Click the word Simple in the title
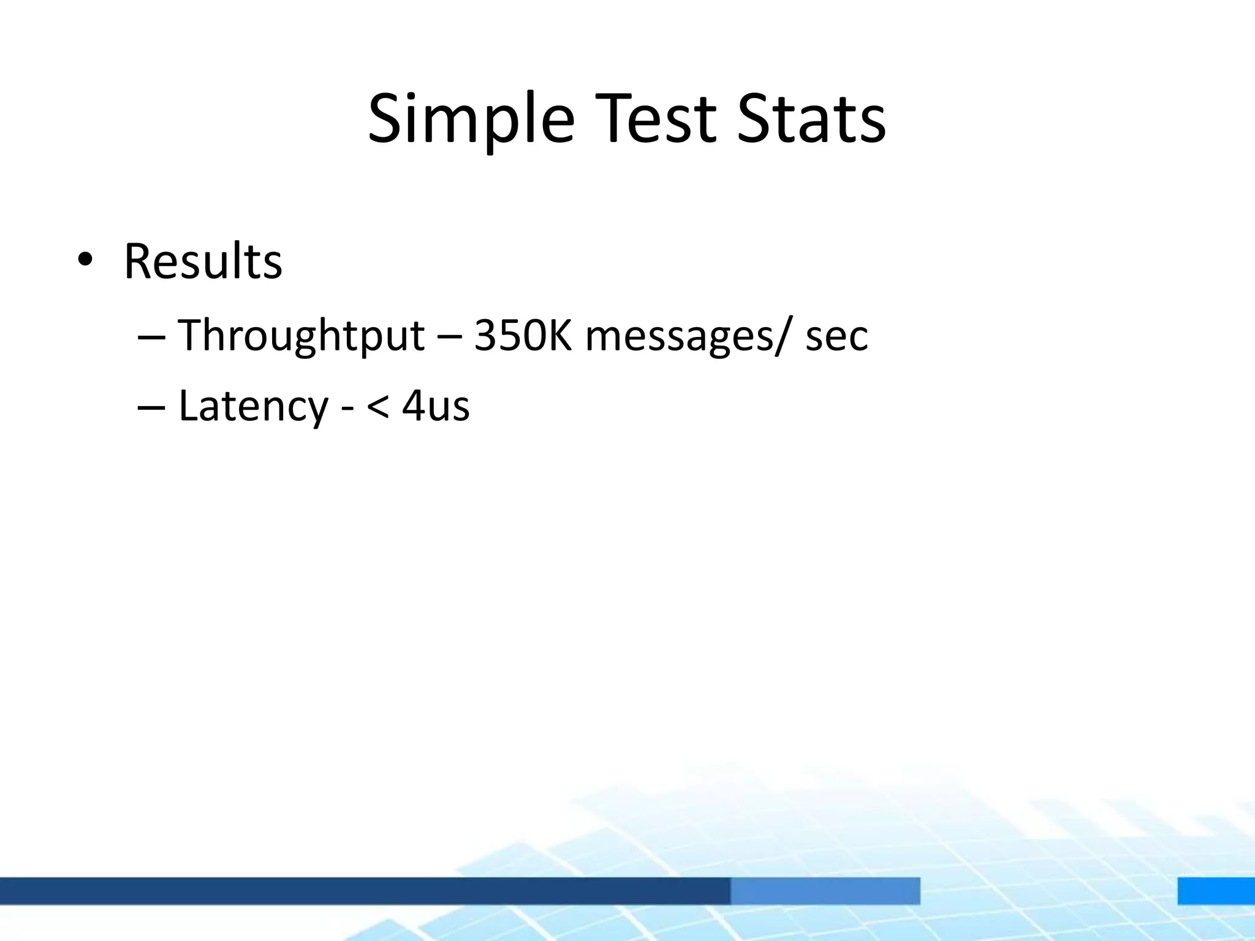(x=471, y=119)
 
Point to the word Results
(x=203, y=262)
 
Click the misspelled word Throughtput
(x=301, y=336)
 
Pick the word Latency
(x=253, y=406)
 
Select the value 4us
(x=436, y=406)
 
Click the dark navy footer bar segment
(x=365, y=891)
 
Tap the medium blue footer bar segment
(x=825, y=891)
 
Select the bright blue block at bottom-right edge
(x=1216, y=891)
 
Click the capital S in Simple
(x=384, y=119)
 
